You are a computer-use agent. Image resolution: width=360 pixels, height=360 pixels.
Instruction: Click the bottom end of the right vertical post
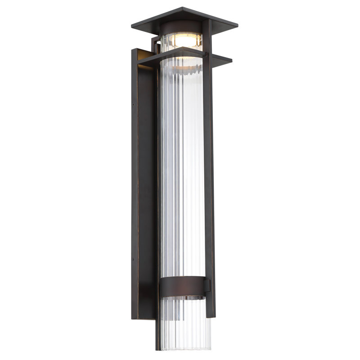tap(210, 315)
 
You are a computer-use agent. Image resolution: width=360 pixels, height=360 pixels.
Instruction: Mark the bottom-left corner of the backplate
tap(132, 318)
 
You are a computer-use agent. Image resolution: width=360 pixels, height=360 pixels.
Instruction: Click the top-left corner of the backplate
tap(132, 50)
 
